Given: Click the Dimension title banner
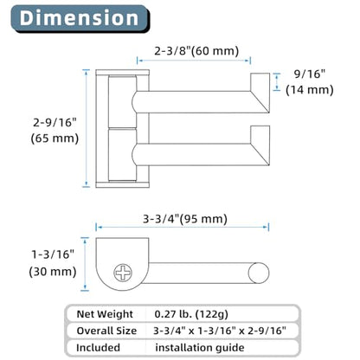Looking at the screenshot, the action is tap(80, 18).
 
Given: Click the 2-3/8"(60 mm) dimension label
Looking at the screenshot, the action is tap(196, 51).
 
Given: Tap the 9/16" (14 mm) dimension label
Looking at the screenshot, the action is tap(310, 82).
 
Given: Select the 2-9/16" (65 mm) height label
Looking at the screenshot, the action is tap(55, 131).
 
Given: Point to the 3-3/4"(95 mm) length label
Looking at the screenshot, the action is tap(185, 219).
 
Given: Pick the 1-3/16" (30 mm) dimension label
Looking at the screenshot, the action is tap(53, 263).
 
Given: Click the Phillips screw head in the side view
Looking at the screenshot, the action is tap(123, 273).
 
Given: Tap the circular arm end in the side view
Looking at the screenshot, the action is tap(259, 273).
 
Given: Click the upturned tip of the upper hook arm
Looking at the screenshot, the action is tap(260, 93).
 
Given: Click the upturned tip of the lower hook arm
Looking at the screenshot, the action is tap(260, 145).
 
